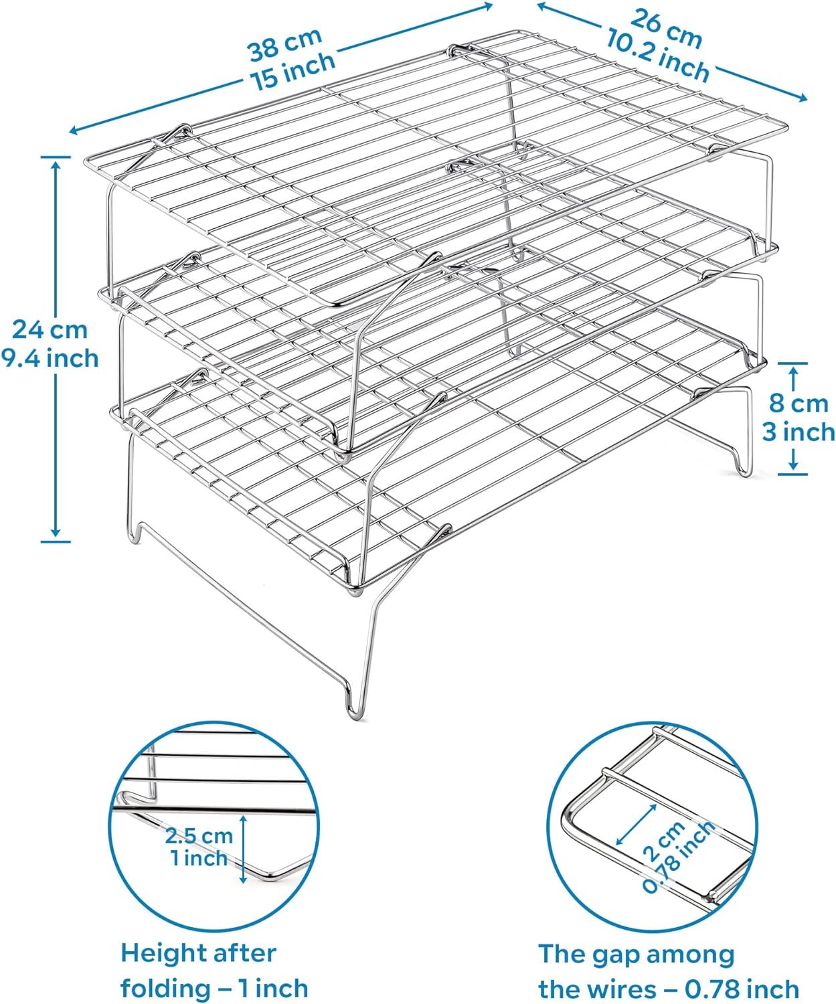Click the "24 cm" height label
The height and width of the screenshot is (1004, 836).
tap(50, 329)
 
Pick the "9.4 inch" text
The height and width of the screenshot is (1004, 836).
tap(50, 359)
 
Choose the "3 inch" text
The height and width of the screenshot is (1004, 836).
tap(799, 432)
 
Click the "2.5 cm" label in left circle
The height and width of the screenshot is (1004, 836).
tap(199, 835)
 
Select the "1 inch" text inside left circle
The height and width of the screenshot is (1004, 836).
tap(199, 857)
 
